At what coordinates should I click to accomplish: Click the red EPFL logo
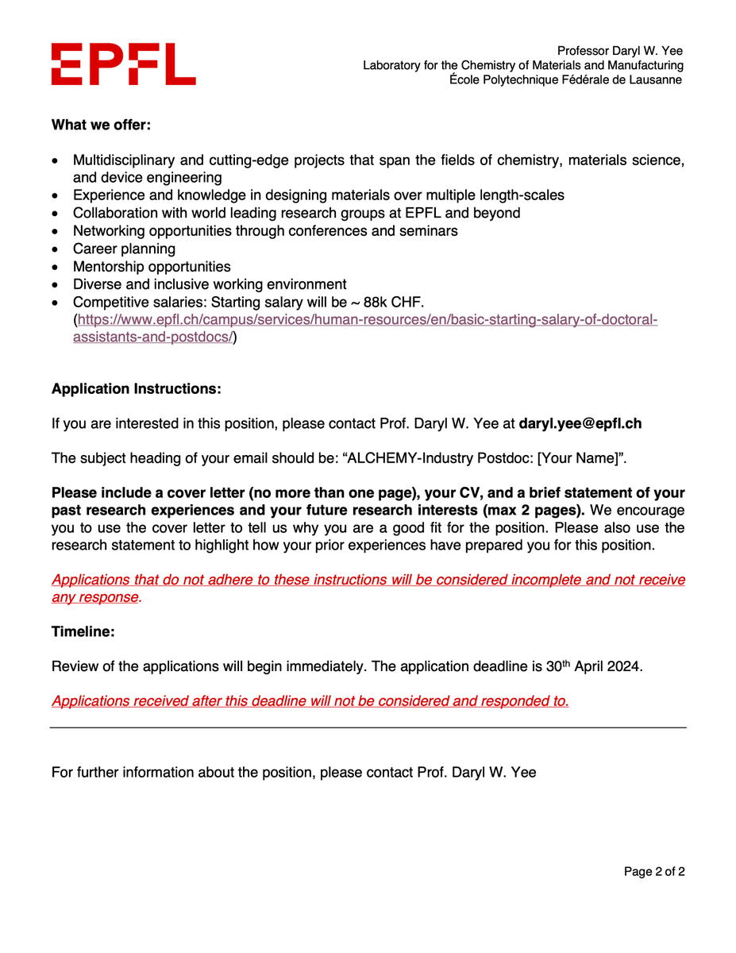click(x=123, y=64)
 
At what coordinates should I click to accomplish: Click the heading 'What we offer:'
click(x=101, y=125)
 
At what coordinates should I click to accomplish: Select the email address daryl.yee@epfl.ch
click(x=580, y=424)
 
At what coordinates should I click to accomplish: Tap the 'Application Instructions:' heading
click(x=136, y=389)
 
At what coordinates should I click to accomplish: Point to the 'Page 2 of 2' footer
click(x=654, y=872)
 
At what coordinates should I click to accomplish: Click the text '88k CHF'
click(x=398, y=303)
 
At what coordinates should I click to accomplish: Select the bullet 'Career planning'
click(x=124, y=249)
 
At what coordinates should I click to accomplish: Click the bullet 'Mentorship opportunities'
click(x=152, y=267)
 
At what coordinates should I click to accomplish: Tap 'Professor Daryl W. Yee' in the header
click(x=619, y=51)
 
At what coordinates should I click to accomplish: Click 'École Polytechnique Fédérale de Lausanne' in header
click(x=565, y=80)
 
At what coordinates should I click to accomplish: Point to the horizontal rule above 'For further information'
click(x=368, y=727)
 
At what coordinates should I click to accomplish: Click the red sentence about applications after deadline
click(x=310, y=701)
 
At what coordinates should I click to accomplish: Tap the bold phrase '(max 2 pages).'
click(x=534, y=510)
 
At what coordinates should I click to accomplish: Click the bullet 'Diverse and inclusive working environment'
click(x=210, y=284)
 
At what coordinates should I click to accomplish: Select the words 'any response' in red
click(x=94, y=597)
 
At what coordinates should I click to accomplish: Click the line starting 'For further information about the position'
click(x=294, y=772)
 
